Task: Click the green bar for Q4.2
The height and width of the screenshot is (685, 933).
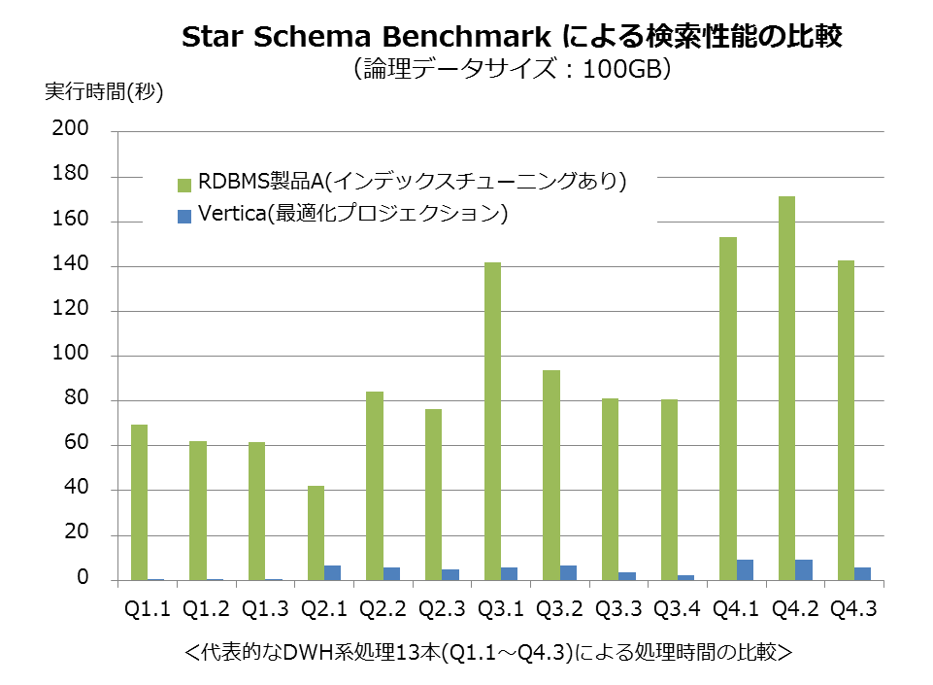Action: [x=786, y=388]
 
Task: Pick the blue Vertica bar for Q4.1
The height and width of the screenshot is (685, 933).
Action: [x=745, y=569]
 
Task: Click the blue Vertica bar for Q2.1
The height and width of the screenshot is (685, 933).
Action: [x=333, y=572]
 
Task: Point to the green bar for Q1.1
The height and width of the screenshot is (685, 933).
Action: [x=139, y=501]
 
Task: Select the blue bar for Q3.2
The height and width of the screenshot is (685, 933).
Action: [x=569, y=572]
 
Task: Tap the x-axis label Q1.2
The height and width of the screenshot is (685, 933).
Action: [x=206, y=608]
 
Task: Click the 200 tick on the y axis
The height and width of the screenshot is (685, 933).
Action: [x=75, y=130]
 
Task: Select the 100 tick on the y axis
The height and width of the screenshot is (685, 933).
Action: [x=75, y=355]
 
